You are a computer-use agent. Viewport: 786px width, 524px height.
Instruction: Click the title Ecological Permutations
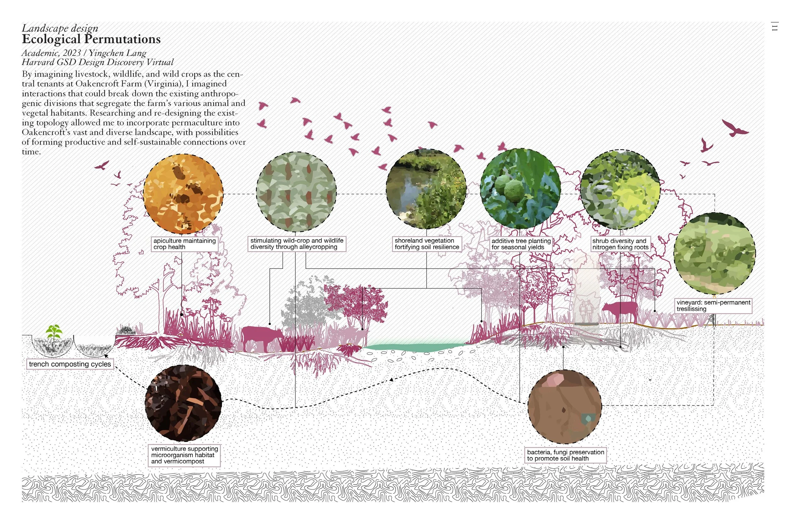click(91, 39)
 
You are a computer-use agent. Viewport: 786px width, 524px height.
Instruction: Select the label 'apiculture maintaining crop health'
click(185, 244)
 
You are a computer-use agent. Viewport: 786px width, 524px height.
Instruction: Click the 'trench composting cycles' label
click(70, 364)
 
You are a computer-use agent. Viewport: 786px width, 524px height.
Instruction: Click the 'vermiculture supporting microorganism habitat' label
click(184, 455)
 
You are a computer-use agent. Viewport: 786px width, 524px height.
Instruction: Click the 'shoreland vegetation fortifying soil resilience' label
click(427, 244)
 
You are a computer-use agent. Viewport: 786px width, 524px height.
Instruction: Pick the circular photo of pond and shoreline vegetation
click(426, 189)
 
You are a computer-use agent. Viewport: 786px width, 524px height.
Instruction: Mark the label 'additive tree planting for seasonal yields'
click(521, 244)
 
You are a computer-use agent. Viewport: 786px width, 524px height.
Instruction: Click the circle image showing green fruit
click(520, 189)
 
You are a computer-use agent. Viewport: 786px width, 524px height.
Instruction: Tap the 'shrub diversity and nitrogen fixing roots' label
click(620, 244)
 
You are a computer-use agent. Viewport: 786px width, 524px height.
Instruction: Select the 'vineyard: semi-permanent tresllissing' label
click(713, 306)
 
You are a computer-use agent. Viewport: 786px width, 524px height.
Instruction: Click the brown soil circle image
click(565, 406)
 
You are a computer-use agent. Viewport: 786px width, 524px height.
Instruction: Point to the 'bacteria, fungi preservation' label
click(565, 455)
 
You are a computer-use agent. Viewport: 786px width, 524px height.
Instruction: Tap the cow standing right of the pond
click(620, 311)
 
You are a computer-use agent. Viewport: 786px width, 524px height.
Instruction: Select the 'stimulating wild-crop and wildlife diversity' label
click(297, 244)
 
